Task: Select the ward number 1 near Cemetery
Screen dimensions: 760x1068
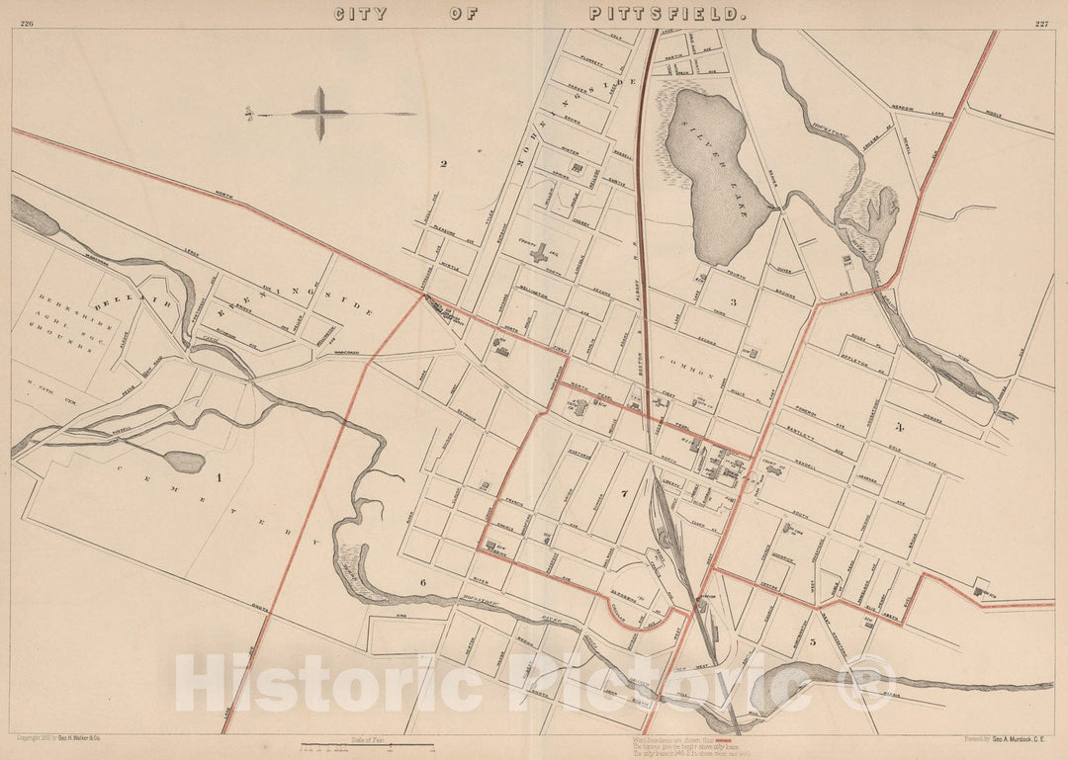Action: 220,477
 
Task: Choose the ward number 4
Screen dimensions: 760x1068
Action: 899,427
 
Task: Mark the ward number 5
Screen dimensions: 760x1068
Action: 813,641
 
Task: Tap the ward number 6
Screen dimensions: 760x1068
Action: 422,582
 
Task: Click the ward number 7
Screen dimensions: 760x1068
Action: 624,491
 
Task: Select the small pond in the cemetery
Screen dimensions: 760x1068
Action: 184,462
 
